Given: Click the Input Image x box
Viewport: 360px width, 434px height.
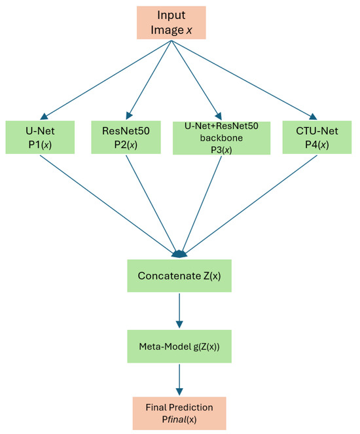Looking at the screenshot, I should pyautogui.click(x=171, y=23).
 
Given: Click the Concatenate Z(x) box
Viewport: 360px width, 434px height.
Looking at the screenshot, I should pyautogui.click(x=179, y=276).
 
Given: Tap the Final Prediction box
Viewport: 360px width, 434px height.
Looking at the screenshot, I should pyautogui.click(x=179, y=412).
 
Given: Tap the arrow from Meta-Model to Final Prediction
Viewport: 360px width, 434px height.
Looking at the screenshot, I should pyautogui.click(x=179, y=376).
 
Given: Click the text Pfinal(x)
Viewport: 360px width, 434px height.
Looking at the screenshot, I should pyautogui.click(x=179, y=419).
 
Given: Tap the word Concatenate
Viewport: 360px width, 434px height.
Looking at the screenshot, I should pyautogui.click(x=166, y=276).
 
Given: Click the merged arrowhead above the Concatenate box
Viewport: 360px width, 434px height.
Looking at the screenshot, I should pyautogui.click(x=179, y=254).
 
